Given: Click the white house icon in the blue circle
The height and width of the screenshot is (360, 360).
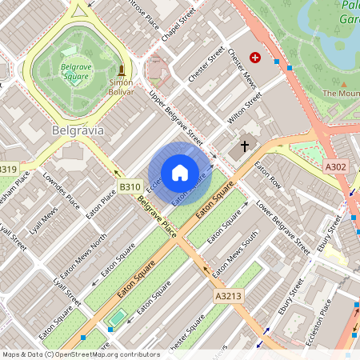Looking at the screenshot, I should click(x=180, y=173).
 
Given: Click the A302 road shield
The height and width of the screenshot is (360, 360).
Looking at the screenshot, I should click(x=336, y=166).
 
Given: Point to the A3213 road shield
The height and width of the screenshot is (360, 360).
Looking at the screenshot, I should click(x=227, y=295).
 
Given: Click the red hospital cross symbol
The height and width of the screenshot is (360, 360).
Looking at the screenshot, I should click(x=255, y=58).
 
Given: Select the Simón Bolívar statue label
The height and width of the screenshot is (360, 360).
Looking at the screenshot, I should click(x=120, y=82).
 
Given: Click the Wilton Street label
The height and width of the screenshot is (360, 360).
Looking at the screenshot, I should click(x=245, y=111).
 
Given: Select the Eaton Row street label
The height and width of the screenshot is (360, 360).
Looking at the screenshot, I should click(x=268, y=176).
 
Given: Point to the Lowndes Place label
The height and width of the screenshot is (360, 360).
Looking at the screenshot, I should click(x=62, y=189).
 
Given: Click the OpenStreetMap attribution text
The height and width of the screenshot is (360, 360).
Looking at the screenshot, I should click(x=80, y=354).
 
